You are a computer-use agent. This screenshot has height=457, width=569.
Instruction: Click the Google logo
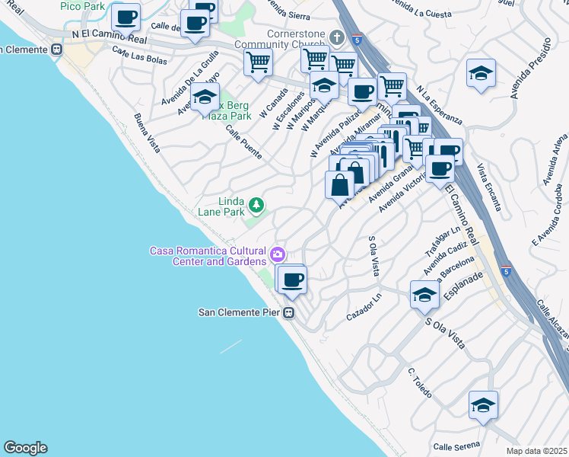[25, 448]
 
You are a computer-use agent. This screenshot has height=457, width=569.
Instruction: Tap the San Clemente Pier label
[239, 312]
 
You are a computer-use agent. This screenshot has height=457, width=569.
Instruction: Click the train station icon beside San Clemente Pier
[289, 313]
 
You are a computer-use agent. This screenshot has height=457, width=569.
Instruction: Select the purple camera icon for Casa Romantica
[278, 253]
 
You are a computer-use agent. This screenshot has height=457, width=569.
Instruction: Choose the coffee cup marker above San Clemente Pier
[291, 279]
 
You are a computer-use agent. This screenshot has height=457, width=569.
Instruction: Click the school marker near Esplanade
[424, 295]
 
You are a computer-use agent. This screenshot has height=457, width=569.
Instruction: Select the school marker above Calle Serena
[482, 405]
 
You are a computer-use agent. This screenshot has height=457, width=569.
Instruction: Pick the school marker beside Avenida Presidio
[481, 73]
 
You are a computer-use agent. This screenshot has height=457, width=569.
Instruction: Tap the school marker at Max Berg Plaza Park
[205, 97]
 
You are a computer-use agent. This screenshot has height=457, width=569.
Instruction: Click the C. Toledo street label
[420, 383]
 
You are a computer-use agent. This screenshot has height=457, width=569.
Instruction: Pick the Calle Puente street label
[243, 142]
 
